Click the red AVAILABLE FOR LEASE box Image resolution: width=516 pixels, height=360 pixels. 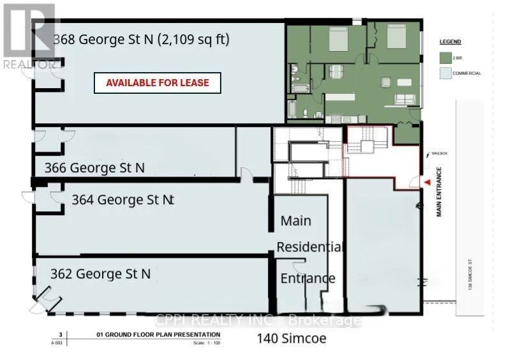tap(157, 83)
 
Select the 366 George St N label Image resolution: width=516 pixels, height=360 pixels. tap(94, 168)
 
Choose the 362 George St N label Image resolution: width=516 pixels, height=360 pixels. tap(101, 274)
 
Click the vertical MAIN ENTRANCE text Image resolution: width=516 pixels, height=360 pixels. tap(439, 191)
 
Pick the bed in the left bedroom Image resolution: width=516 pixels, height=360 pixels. tap(337, 41)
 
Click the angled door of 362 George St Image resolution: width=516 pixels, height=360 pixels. tap(46, 296)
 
